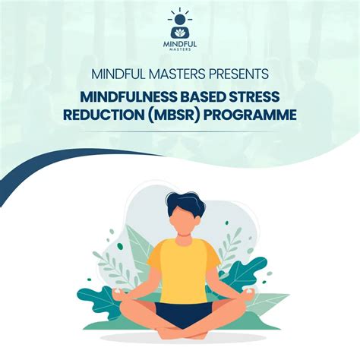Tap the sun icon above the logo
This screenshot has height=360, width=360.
point(180,17)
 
